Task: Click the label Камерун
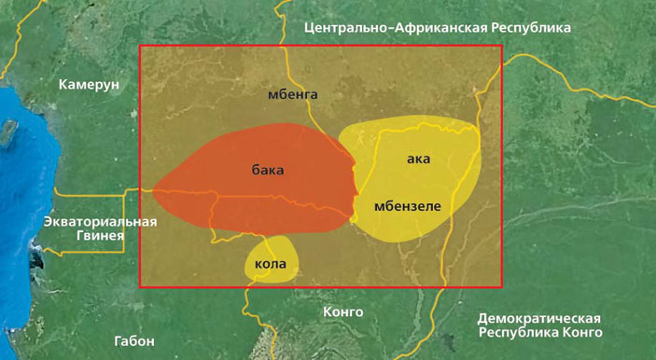[90, 85]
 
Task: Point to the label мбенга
[293, 94]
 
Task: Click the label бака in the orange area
[267, 170]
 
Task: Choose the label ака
[418, 159]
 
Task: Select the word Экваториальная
[101, 222]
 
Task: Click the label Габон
[134, 340]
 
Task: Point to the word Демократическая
[538, 318]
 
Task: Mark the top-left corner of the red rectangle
[140, 46]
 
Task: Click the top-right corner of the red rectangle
[502, 46]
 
